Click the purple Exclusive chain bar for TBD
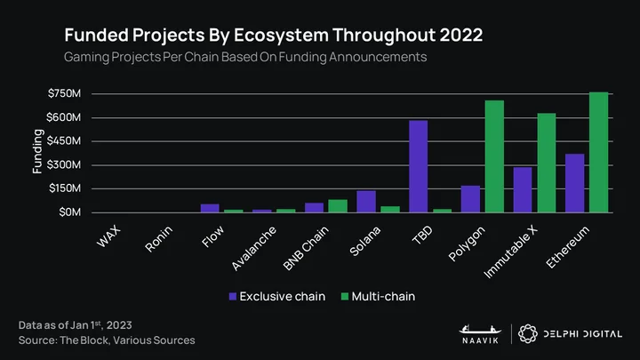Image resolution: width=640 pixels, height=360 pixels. pos(419,166)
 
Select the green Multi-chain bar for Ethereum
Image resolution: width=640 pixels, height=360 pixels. pos(599,152)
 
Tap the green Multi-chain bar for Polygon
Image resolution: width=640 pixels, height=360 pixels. pos(495,156)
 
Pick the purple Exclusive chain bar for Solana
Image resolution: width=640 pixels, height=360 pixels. pos(366,202)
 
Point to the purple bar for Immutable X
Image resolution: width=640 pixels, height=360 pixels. pos(523,190)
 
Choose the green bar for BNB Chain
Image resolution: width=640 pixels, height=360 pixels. pos(338,206)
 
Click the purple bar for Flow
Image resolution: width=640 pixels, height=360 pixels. pos(210,208)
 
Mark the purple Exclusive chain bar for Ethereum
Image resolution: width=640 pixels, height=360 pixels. pos(575,183)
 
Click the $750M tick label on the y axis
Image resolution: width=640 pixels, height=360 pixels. pos(65,93)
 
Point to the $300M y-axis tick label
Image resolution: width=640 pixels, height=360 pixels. pos(64,165)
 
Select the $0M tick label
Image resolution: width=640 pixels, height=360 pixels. pos(70,212)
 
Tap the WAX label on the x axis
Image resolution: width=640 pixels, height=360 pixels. pos(109,236)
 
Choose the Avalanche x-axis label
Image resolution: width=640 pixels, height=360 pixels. pos(254,248)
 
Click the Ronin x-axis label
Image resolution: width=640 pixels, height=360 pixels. pos(159,239)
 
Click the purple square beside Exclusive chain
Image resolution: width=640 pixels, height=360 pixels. pos(233,296)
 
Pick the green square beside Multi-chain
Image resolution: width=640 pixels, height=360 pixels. pos(345,296)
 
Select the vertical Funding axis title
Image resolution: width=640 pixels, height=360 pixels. pos(37,151)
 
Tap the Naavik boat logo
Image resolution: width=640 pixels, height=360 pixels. pos(480,330)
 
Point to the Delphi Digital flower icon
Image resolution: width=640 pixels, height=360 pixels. pos(528,334)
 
